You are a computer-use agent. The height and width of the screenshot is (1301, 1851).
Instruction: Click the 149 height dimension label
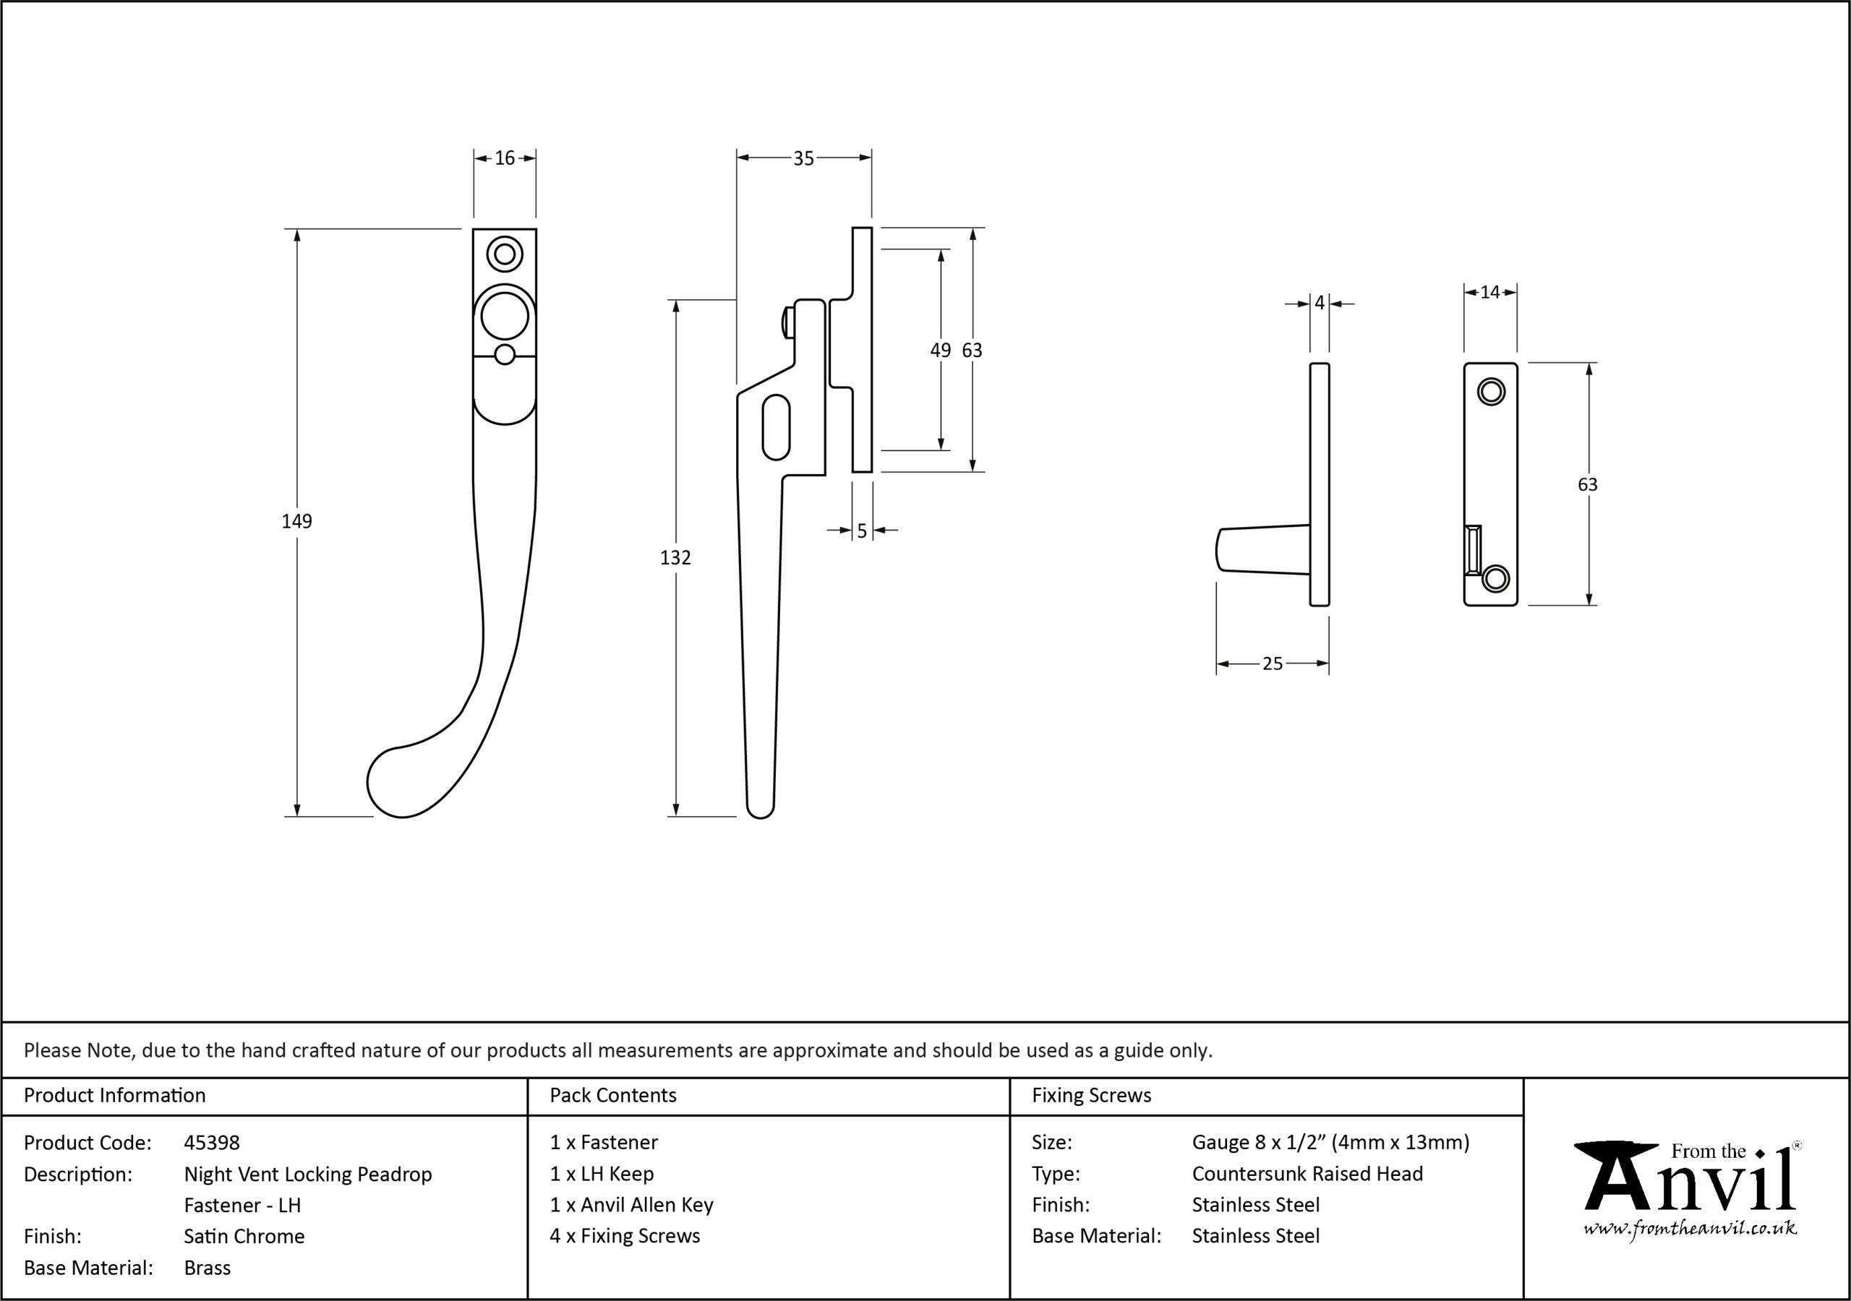pos(296,522)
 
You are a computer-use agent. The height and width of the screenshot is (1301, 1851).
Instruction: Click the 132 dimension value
pos(675,558)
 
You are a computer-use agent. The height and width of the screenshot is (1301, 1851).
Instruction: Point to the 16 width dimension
pos(505,158)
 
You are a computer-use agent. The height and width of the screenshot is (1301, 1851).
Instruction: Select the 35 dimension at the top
pos(804,159)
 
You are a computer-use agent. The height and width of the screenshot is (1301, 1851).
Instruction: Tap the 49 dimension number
pos(941,350)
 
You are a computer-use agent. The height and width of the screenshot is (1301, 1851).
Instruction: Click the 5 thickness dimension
pos(862,531)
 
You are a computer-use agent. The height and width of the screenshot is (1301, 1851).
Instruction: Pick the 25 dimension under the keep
pos(1272,664)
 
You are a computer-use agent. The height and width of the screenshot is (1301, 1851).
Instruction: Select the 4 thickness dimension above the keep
pos(1320,303)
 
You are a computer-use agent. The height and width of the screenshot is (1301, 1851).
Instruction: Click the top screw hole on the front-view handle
pos(505,254)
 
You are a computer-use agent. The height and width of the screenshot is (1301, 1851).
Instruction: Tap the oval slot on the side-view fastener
pos(777,427)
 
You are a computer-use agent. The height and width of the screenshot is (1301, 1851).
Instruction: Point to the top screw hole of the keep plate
pos(1491,392)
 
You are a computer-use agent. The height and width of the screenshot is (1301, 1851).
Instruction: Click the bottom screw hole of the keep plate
pos(1495,579)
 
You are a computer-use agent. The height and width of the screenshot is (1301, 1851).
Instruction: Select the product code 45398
pos(212,1142)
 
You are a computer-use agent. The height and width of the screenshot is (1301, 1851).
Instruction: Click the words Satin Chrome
pos(244,1237)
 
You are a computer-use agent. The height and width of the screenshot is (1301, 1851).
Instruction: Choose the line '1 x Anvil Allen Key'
pos(631,1205)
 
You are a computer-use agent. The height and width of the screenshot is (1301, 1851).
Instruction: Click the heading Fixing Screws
pos(1092,1096)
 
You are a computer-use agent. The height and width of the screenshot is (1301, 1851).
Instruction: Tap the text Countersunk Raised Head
pos(1308,1174)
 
